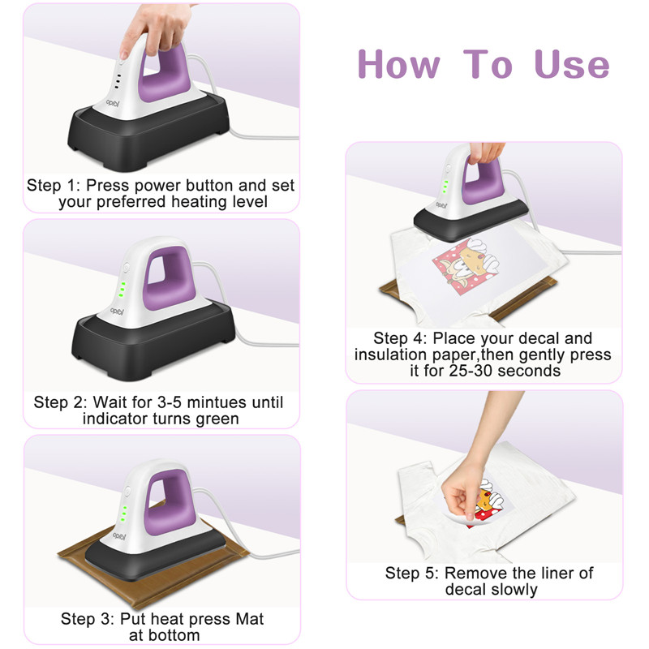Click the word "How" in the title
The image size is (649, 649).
coord(398,64)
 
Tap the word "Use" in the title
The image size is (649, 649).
coord(572,64)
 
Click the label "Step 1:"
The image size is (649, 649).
coord(53,186)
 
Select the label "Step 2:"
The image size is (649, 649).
coord(60,402)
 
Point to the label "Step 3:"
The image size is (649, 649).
coord(88,619)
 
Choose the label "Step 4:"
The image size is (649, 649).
coord(400,338)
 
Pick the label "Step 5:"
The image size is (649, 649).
coord(412,574)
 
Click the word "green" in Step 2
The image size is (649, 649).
coord(217,419)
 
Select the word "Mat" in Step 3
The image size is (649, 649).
coord(250,619)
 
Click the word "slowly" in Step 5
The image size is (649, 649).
coord(514,590)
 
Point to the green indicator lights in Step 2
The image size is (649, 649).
coord(122,290)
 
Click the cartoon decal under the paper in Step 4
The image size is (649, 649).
coord(466,265)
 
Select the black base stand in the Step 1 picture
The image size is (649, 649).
coord(148,132)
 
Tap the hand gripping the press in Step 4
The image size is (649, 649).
coord(487,153)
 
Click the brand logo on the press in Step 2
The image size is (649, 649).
coord(117,311)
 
